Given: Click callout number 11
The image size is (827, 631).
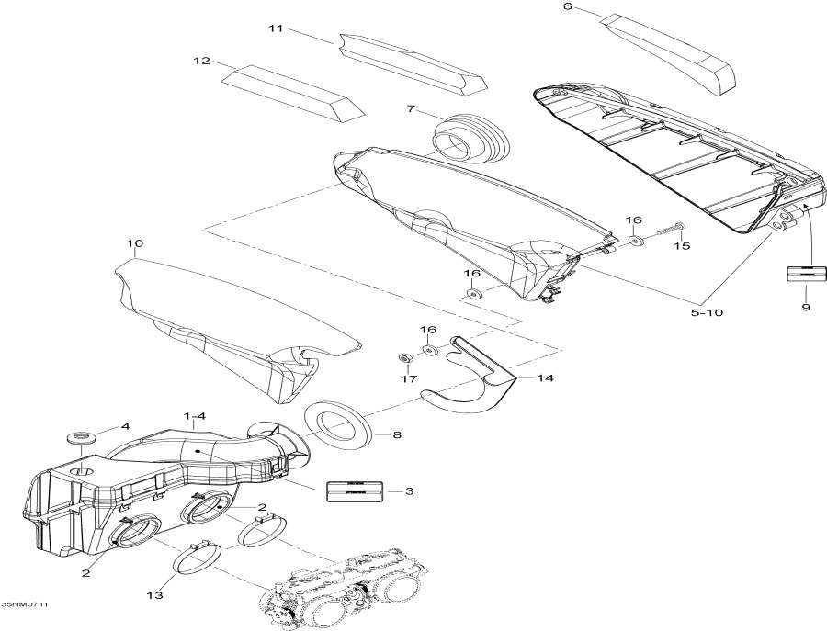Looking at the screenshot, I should pyautogui.click(x=275, y=28).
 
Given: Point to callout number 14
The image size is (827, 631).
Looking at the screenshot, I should pyautogui.click(x=546, y=377).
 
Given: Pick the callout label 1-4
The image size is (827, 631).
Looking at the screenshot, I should pyautogui.click(x=195, y=417).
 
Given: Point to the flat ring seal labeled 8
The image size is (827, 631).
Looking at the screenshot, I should pyautogui.click(x=336, y=425).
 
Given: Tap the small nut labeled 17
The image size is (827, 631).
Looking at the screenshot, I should pyautogui.click(x=403, y=357).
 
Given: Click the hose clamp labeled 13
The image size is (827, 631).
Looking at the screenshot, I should pyautogui.click(x=195, y=557).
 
